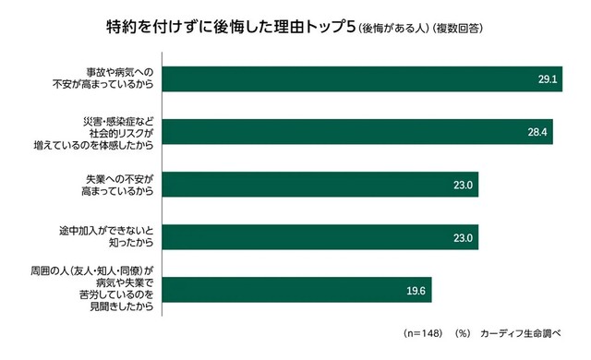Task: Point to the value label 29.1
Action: coord(548,79)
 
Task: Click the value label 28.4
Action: coord(538,132)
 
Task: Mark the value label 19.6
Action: coord(416,290)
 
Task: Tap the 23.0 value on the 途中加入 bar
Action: coord(464,237)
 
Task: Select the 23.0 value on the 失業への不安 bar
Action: coord(464,185)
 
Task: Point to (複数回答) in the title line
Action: coord(458,28)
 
